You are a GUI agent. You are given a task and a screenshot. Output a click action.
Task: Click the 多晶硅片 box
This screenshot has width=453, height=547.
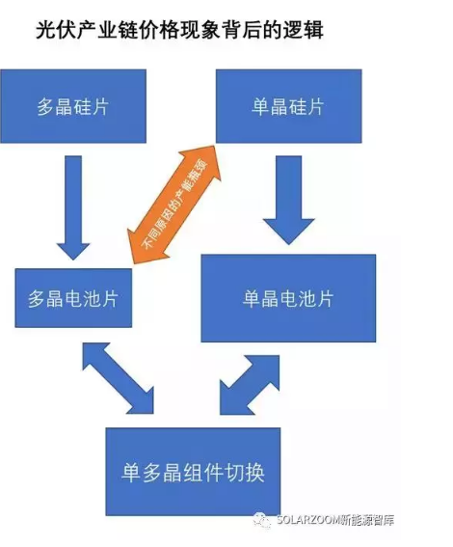point(73,106)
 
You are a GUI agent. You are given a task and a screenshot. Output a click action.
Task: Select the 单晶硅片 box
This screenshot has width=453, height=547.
point(288,106)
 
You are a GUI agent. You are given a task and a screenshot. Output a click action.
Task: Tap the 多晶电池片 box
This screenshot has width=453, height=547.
point(73,298)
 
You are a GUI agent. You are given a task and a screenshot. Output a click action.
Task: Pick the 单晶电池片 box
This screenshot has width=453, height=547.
point(288,298)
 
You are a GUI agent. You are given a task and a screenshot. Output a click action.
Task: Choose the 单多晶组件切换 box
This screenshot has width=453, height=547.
point(193,472)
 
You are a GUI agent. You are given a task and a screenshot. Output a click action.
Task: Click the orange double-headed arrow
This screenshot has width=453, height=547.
point(173,205)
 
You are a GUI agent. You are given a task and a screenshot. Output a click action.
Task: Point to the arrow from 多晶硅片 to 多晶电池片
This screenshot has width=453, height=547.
point(73,207)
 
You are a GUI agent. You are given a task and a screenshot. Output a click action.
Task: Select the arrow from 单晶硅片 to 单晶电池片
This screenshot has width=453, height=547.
point(289,200)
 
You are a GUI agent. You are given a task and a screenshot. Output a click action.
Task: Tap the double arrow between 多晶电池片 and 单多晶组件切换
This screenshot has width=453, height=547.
point(118,378)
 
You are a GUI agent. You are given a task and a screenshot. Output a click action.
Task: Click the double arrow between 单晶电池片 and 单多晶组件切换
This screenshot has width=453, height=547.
point(250,385)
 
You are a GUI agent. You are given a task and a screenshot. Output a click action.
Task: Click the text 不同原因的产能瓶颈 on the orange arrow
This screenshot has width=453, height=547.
point(174,205)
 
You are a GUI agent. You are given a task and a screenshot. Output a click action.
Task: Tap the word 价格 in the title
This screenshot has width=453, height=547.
point(159,30)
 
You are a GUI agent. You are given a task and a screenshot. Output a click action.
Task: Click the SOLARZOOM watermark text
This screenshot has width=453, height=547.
point(335,520)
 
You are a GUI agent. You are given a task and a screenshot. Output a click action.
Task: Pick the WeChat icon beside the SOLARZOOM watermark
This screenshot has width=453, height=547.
point(262,521)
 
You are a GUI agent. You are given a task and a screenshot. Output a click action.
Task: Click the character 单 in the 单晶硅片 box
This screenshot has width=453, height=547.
point(260,106)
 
